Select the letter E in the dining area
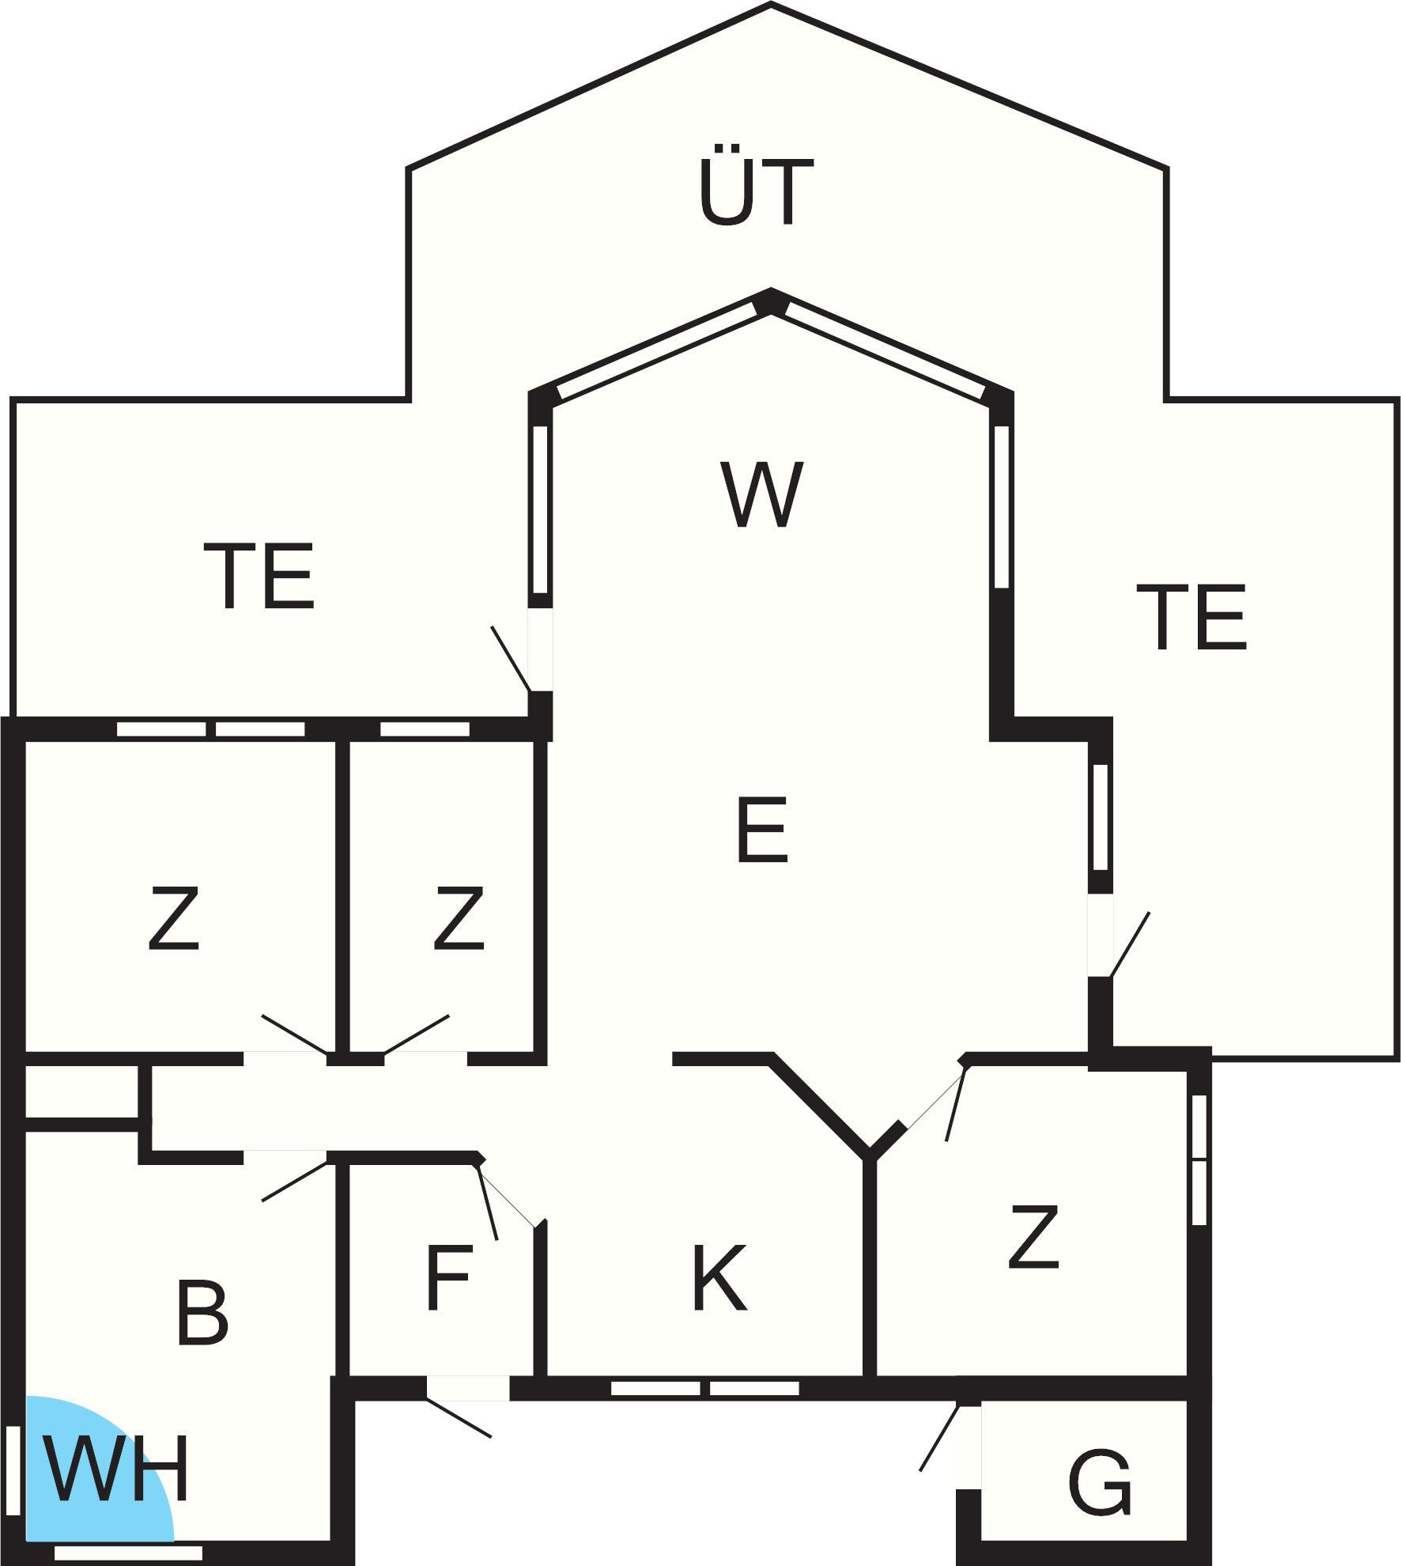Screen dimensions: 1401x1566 click(761, 830)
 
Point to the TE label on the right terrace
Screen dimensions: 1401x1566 click(1191, 617)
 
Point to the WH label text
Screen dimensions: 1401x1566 click(117, 1469)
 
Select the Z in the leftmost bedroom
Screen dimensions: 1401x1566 click(173, 917)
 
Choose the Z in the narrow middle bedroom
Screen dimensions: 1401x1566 click(459, 917)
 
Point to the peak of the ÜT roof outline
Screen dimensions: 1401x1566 click(771, 4)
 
